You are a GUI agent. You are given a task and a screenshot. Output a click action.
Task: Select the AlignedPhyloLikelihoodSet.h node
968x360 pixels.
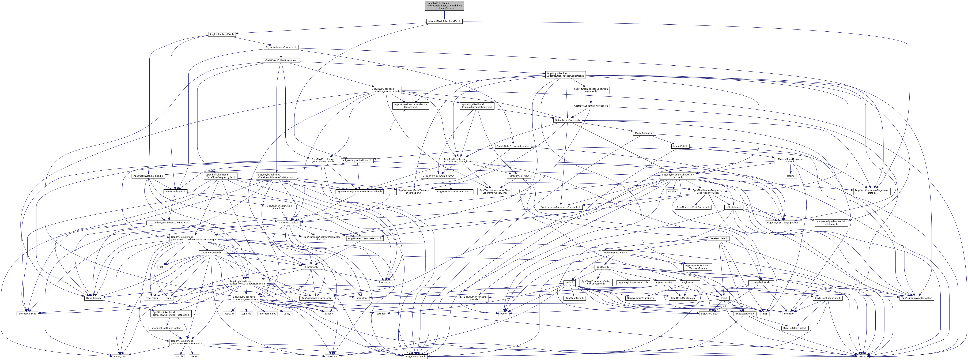[444, 21]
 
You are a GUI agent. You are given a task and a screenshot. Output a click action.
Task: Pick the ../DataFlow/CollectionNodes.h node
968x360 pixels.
[280, 60]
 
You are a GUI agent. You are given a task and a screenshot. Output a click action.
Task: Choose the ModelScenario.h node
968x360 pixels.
[644, 133]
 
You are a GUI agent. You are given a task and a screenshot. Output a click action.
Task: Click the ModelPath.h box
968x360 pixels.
[680, 146]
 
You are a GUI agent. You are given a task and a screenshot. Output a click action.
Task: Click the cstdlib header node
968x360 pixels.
[671, 192]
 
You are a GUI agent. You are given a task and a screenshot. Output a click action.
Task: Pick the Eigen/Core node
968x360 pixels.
[120, 356]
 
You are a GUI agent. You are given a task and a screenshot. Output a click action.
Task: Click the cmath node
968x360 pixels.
[179, 356]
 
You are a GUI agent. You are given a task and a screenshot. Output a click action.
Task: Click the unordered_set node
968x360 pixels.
[267, 313]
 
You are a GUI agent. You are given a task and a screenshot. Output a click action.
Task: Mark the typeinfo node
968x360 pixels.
[246, 313]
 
